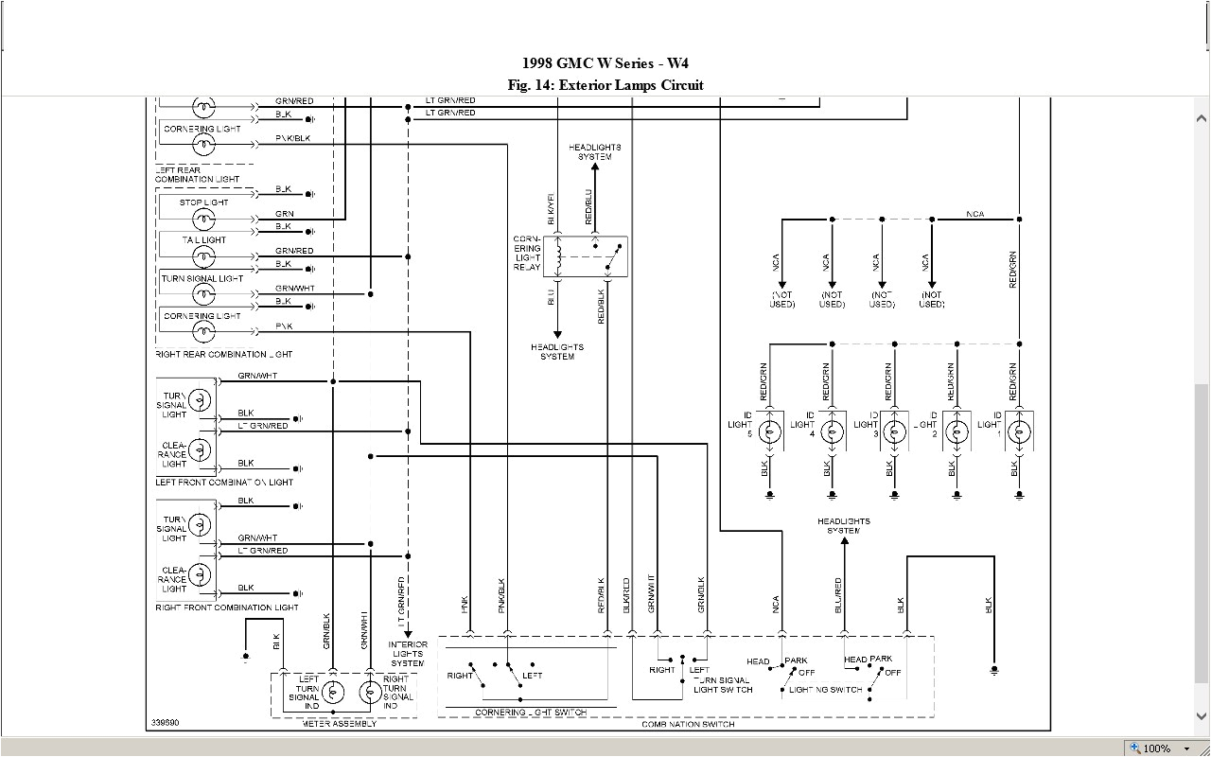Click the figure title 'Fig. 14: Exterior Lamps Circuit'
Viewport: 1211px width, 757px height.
pyautogui.click(x=605, y=85)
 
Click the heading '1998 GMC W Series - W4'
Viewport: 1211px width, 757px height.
pyautogui.click(x=605, y=63)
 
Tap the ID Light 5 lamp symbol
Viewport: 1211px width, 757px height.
pyautogui.click(x=770, y=433)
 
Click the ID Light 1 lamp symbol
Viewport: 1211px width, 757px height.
pyautogui.click(x=1019, y=433)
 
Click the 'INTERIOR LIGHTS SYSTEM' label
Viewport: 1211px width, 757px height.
pyautogui.click(x=408, y=654)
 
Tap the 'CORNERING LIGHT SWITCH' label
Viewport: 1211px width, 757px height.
pyautogui.click(x=530, y=712)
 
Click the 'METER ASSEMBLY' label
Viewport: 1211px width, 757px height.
pyautogui.click(x=339, y=724)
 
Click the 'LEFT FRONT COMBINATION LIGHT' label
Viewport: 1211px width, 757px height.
pyautogui.click(x=224, y=483)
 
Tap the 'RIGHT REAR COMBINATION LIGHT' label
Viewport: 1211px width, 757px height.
pyautogui.click(x=223, y=354)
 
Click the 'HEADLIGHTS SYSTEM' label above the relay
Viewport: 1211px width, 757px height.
pyautogui.click(x=595, y=151)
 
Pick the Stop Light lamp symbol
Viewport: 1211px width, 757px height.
pyautogui.click(x=203, y=219)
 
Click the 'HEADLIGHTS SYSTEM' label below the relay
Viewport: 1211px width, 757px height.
pyautogui.click(x=557, y=351)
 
